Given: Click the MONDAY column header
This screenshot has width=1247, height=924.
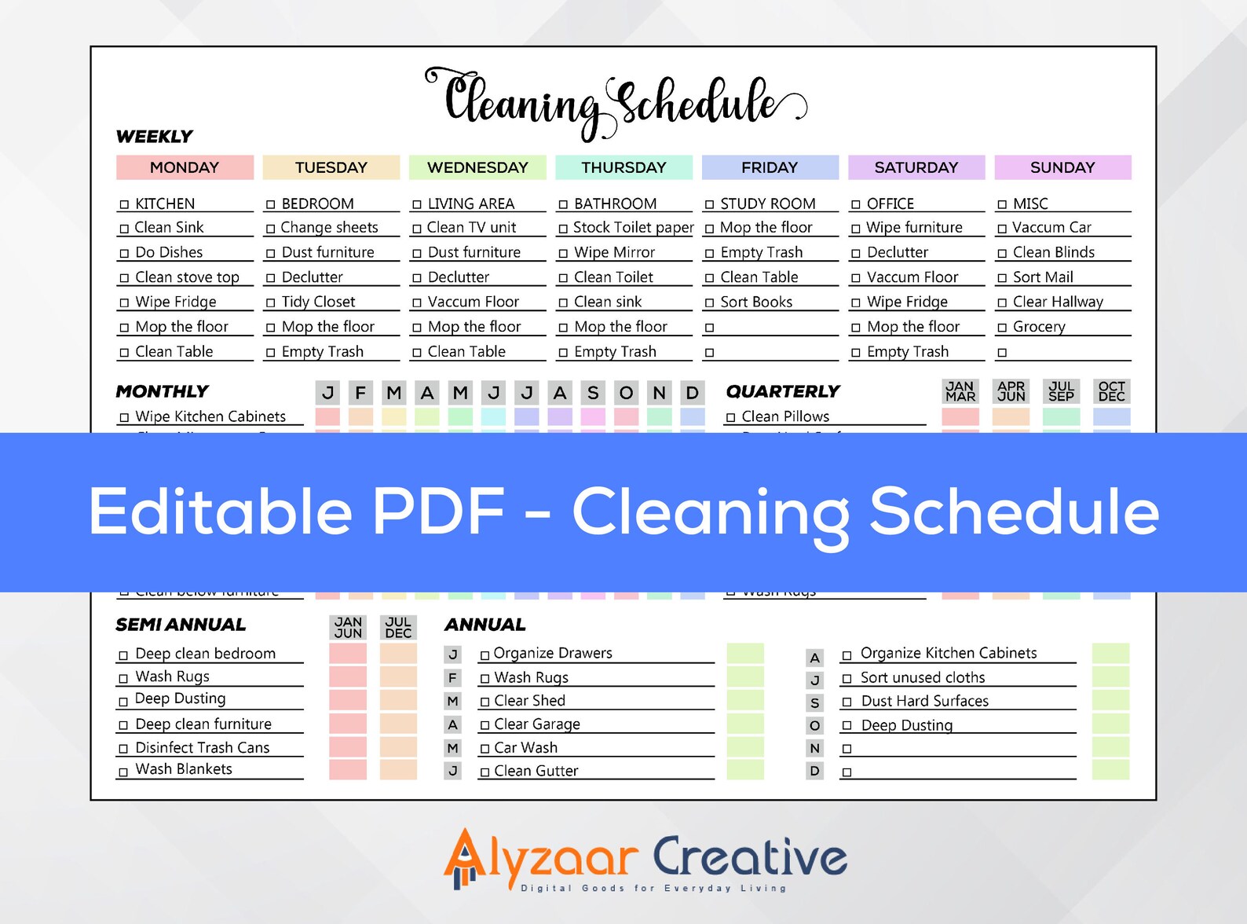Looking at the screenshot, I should point(185,167).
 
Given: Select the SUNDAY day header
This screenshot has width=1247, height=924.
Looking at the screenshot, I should point(1062,167).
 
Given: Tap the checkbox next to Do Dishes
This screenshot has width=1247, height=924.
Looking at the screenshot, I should point(124,254).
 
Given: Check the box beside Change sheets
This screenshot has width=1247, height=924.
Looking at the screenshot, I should point(271,229).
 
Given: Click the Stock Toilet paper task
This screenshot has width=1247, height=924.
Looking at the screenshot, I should point(633,228).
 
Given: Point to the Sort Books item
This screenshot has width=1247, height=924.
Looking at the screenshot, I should point(756,302).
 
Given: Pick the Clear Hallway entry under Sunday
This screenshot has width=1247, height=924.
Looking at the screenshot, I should point(1057,302).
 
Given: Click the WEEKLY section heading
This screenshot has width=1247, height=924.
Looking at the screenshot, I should point(154,137).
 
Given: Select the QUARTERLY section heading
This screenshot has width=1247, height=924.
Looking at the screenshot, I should point(782,391).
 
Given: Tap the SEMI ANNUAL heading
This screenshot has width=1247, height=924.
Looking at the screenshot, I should point(181,625).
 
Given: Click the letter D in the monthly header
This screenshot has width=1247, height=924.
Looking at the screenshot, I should point(692,393).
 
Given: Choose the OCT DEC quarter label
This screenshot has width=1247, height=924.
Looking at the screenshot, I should point(1111,391).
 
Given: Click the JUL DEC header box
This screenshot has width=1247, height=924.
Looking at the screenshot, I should point(398,627).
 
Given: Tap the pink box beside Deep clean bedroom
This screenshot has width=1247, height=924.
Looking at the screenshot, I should point(348,654).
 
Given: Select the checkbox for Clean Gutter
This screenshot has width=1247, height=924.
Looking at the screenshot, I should point(485,772).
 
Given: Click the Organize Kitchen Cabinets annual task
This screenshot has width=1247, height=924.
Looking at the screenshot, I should point(948,653).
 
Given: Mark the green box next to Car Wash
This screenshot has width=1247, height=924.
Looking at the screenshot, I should point(745,747).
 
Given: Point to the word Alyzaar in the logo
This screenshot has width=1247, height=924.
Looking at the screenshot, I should point(542,858).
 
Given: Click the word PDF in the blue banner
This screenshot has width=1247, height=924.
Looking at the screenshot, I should point(438,511).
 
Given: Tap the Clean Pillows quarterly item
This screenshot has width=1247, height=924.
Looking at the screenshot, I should point(785,416).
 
